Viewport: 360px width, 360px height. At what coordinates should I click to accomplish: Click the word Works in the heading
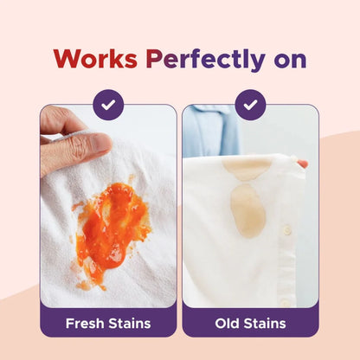click(95, 60)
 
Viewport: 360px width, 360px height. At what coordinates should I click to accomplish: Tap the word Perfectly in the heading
click(201, 60)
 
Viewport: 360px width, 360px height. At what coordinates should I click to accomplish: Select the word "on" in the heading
click(286, 60)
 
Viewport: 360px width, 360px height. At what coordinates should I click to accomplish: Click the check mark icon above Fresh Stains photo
click(108, 105)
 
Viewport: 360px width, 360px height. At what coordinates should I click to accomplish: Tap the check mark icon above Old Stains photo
click(250, 105)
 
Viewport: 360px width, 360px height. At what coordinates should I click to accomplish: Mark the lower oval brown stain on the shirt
click(247, 211)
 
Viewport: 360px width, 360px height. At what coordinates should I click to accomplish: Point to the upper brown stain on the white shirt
click(247, 168)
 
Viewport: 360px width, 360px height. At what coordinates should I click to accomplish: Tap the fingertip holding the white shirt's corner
click(302, 163)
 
